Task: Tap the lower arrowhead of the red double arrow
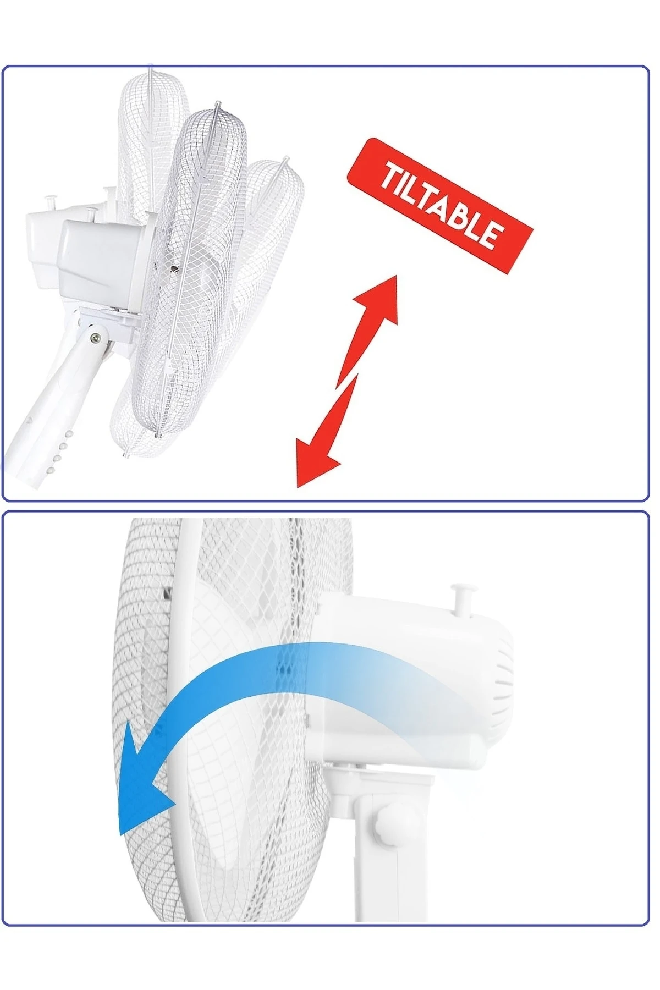point(313,459)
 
